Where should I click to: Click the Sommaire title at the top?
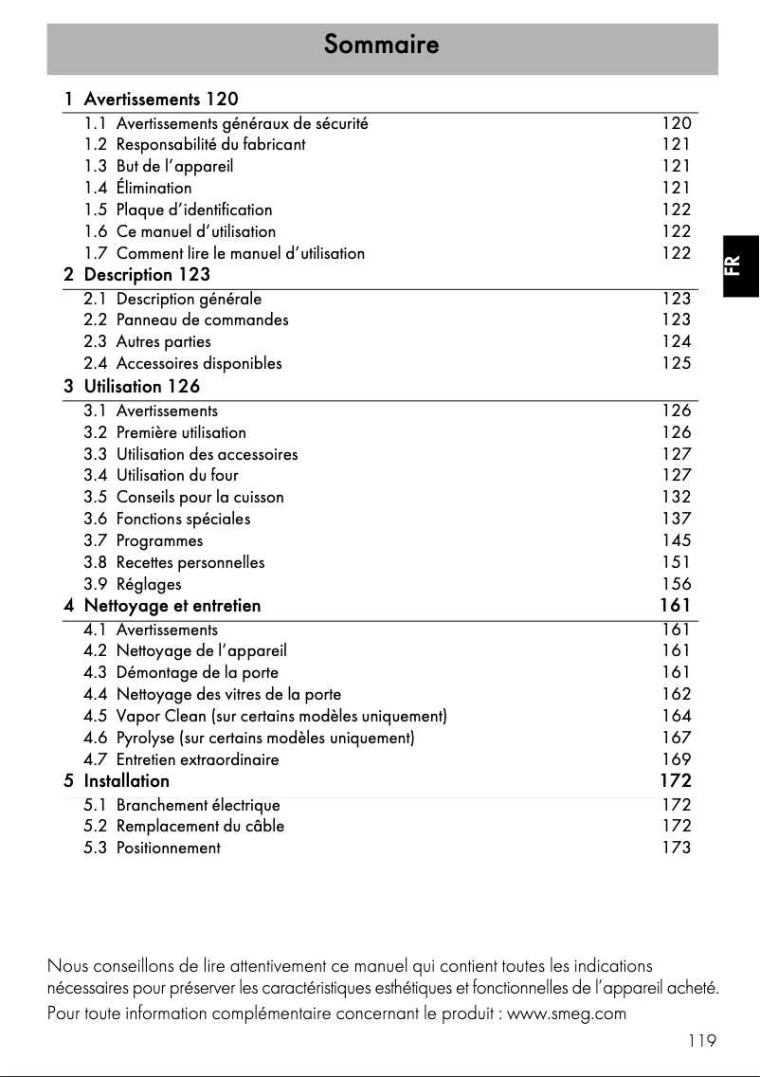click(x=381, y=45)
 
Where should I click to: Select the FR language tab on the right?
click(x=740, y=265)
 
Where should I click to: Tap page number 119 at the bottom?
click(x=702, y=1041)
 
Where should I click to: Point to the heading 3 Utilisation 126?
click(x=132, y=387)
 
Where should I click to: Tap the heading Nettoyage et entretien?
click(x=172, y=605)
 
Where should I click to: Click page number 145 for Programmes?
click(x=677, y=540)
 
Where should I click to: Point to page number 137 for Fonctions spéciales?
click(x=677, y=519)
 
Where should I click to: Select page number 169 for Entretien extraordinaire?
click(x=677, y=758)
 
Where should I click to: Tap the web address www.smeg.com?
click(x=568, y=1013)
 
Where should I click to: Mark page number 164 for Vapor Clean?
click(x=677, y=716)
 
